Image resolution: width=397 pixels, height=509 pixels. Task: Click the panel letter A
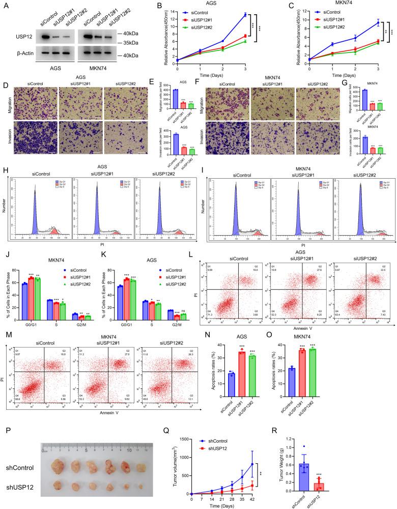click(x=7, y=7)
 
